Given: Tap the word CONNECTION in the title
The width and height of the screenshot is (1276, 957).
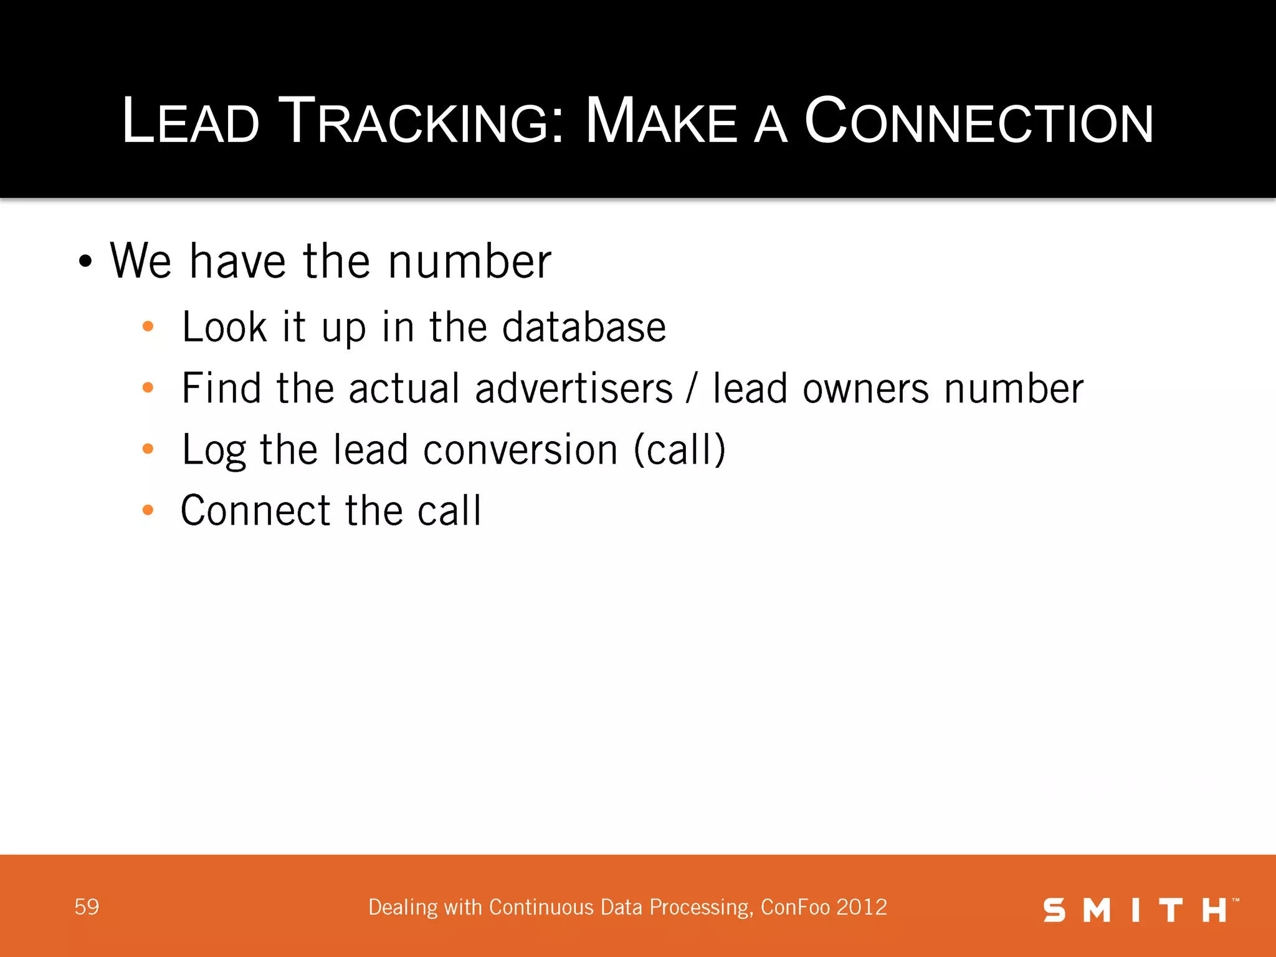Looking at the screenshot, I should pos(978,121).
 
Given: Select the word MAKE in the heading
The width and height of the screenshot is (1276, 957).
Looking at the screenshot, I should pos(661,121).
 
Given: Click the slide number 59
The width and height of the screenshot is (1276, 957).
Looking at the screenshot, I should pos(87,907).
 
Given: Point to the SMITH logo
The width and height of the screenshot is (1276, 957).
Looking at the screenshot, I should pos(1140,910).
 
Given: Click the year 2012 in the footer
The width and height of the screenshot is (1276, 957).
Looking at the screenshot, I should pos(862,907).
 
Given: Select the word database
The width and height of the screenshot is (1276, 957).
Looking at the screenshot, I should pos(584,327).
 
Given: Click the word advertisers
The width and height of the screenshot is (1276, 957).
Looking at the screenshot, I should pos(574,389).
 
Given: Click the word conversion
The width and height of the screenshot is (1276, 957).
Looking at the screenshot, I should pos(520,450).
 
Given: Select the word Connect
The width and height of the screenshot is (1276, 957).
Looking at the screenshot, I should pos(255,511).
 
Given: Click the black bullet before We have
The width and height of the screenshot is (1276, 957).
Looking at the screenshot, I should pos(85,262).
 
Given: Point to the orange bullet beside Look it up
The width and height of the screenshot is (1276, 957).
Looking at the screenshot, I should pos(148,326).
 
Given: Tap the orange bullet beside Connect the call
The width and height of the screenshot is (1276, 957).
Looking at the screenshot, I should pos(148,510).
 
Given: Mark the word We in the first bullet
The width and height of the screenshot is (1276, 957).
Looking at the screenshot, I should pos(141,261).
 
